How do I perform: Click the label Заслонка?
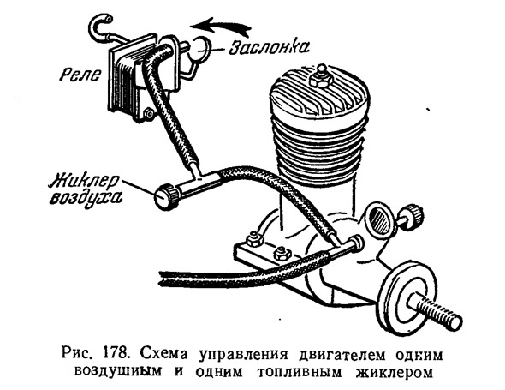point(269,47)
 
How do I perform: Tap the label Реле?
point(80,75)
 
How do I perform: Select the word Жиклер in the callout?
point(85,181)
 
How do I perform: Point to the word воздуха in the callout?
point(86,197)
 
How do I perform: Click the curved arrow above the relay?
point(220,27)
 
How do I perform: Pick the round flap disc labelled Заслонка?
point(199,49)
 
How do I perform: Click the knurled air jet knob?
point(167,196)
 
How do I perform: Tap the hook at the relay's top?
point(103,27)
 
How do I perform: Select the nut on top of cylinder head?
point(320,77)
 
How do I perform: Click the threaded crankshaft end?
point(436,311)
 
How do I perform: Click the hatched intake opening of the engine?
point(380,218)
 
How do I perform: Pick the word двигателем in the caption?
point(342,355)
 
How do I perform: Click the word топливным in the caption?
point(300,372)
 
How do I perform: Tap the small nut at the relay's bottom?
point(148,113)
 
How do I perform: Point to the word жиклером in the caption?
point(394,372)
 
